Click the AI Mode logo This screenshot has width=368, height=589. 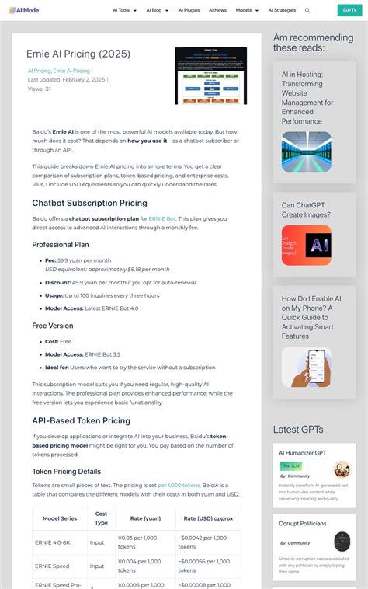24,10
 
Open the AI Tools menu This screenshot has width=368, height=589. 124,11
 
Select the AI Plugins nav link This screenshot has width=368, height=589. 189,11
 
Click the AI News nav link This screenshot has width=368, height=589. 218,11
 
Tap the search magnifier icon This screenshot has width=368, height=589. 307,11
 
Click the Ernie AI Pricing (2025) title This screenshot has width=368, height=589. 78,54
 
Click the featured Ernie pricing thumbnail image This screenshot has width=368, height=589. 210,76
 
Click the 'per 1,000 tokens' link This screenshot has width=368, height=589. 179,484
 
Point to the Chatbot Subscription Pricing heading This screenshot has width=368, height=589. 89,203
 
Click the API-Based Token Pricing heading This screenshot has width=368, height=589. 81,420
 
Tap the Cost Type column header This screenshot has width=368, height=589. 101,518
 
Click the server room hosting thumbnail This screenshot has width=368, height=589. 306,152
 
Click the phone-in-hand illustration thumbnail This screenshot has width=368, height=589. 306,367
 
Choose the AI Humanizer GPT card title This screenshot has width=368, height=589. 303,452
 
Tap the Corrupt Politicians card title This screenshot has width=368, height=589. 304,523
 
